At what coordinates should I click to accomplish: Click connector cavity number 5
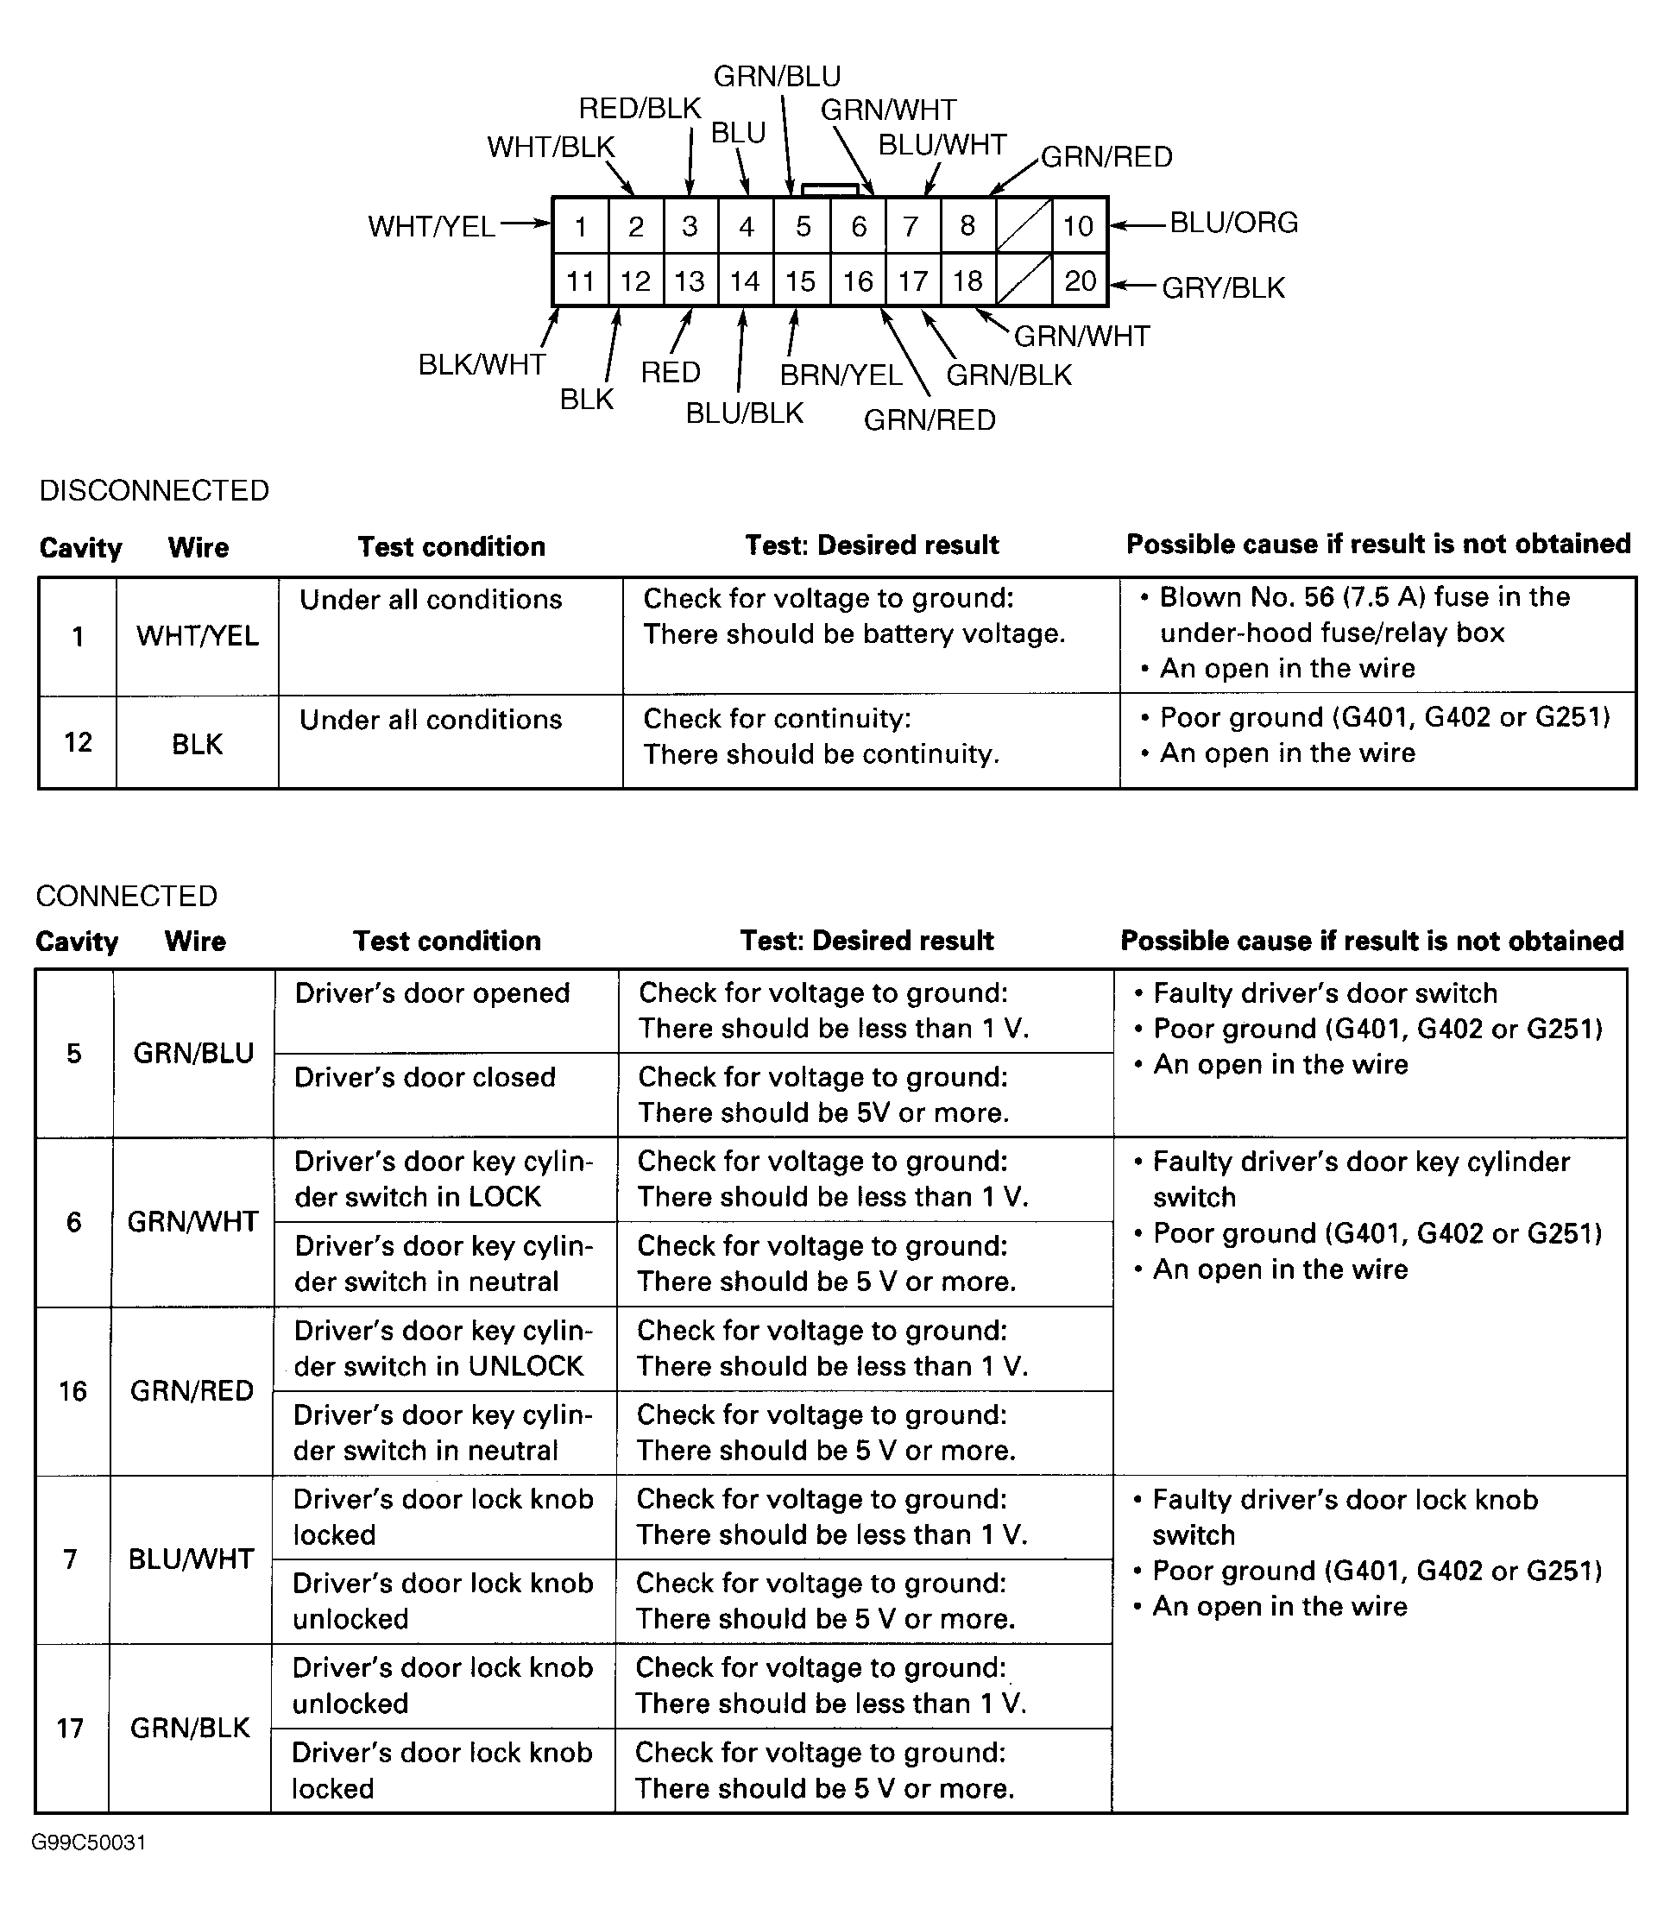[803, 226]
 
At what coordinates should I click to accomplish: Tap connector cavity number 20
[1080, 280]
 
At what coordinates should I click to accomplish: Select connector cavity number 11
[581, 281]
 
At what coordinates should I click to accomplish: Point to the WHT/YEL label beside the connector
[432, 226]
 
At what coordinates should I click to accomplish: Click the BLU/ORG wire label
[1233, 223]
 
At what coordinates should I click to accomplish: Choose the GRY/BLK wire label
[1223, 288]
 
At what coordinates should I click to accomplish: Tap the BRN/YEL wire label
[841, 375]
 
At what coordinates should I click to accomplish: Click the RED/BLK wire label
[640, 109]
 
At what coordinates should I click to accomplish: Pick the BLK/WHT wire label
[482, 364]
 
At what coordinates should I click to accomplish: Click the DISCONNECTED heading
[154, 490]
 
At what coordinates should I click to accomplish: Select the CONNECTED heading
[127, 896]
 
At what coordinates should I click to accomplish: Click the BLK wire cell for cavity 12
[198, 744]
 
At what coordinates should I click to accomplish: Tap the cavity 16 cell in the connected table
[72, 1391]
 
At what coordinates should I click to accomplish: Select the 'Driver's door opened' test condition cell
[432, 993]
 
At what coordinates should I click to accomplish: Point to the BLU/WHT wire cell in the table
[191, 1559]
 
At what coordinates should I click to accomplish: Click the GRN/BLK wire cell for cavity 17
[190, 1728]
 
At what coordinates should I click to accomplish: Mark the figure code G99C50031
[89, 1843]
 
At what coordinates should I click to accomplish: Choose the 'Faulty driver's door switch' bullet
[1324, 993]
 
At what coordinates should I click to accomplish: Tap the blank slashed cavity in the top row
[1024, 225]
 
